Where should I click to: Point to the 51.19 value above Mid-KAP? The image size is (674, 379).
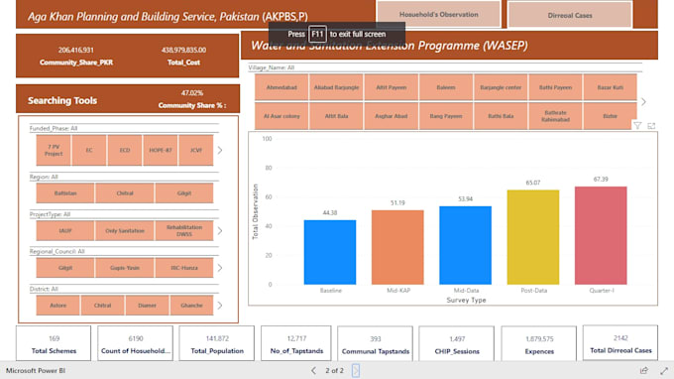point(397,202)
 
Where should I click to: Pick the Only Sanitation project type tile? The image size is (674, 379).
point(124,230)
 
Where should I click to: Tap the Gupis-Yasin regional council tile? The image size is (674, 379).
point(124,268)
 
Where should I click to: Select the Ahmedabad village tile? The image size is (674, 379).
point(281,87)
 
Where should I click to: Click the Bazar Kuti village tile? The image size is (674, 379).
point(610,87)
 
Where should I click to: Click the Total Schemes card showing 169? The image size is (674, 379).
point(54,343)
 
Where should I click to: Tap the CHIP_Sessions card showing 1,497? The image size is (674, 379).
point(457,343)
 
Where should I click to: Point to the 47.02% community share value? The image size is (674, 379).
point(192,93)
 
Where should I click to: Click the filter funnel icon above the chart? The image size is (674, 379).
point(637,126)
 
